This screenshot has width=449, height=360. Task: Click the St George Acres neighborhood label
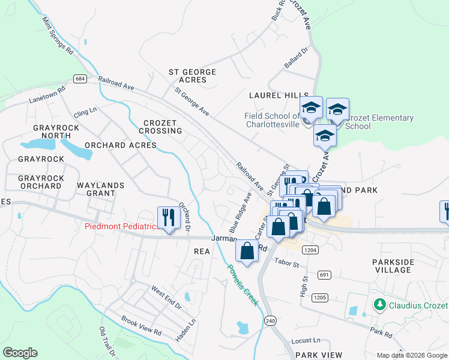click(192, 76)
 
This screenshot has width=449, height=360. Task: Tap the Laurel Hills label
click(279, 95)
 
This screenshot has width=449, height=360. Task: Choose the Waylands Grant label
click(96, 189)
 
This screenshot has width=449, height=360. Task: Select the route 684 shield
click(80, 79)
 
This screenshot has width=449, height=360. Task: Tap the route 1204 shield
click(310, 250)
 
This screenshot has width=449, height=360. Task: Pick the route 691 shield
click(325, 275)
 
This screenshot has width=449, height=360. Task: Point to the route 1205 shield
click(320, 298)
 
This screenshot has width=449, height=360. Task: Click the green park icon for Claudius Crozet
click(379, 305)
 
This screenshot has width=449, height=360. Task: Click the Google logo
click(20, 353)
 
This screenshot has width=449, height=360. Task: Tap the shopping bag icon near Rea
click(247, 250)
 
